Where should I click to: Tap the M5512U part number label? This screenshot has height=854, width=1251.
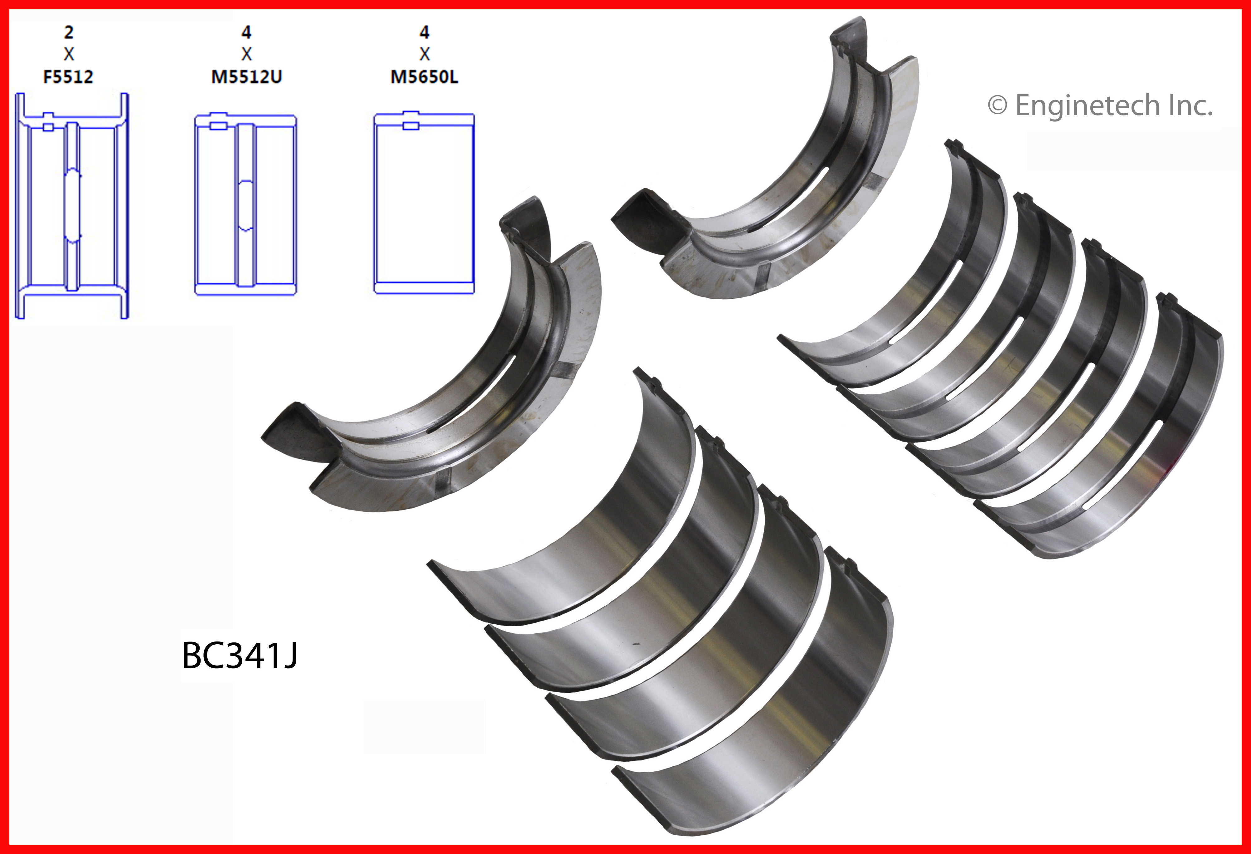[x=246, y=77]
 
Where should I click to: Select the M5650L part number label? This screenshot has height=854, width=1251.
[x=424, y=77]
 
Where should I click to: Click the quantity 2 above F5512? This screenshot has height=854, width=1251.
[x=68, y=32]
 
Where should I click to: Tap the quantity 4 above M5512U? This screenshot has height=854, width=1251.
[x=246, y=32]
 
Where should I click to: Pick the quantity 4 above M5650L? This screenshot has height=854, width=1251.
[x=424, y=32]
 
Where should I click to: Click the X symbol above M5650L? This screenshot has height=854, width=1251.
[x=424, y=54]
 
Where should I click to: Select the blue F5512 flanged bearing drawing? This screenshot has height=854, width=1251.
[x=72, y=206]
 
